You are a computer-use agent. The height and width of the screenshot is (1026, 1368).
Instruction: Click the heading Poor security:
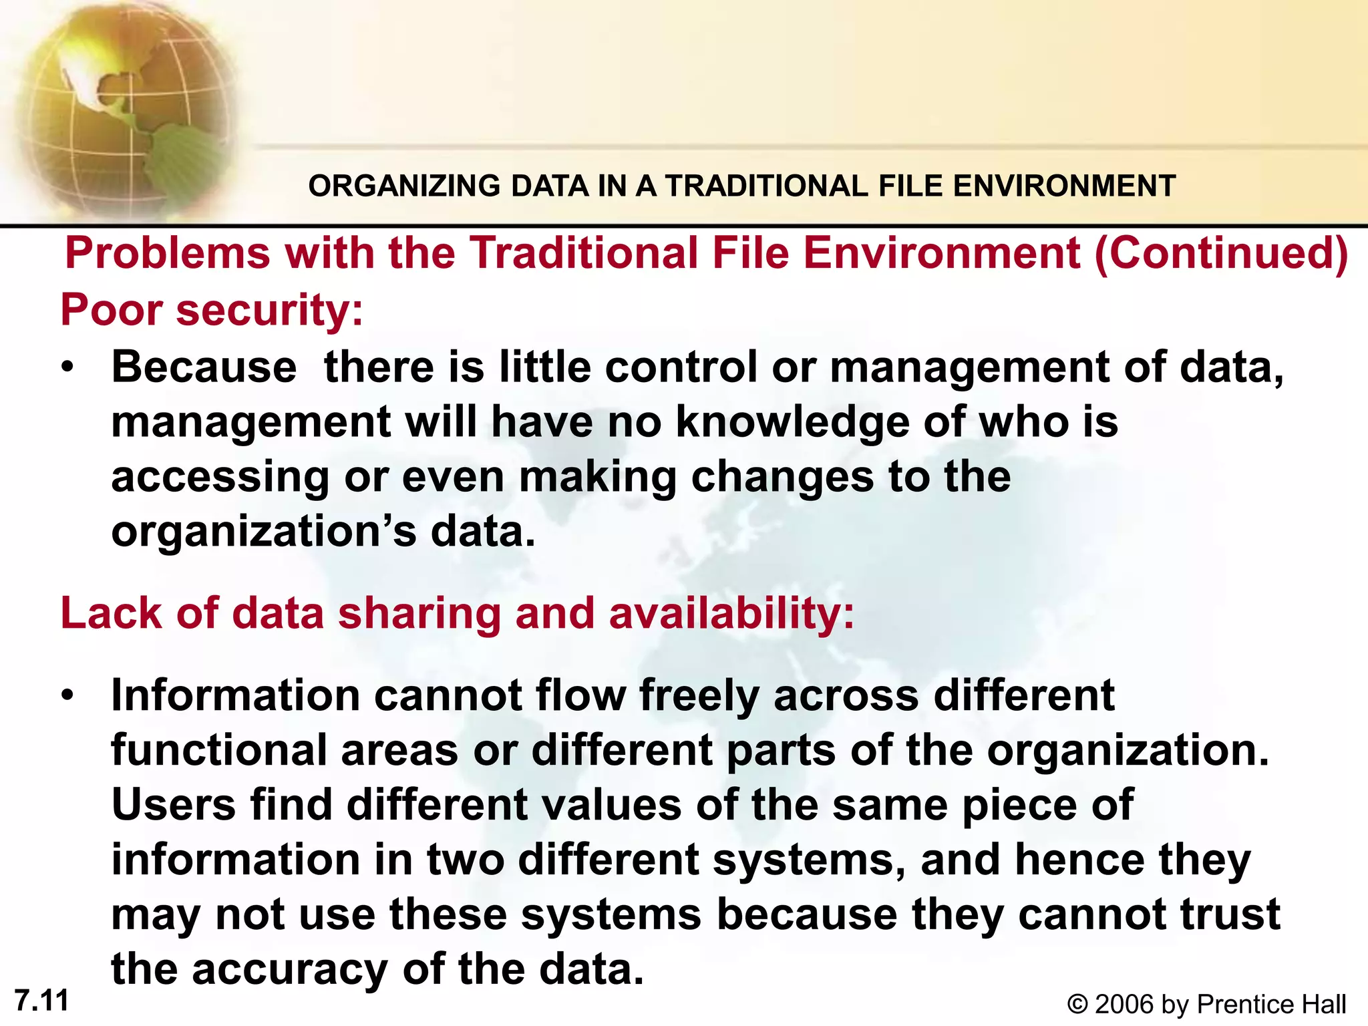pyautogui.click(x=212, y=311)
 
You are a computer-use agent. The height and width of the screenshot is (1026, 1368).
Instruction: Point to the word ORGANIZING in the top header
pyautogui.click(x=403, y=186)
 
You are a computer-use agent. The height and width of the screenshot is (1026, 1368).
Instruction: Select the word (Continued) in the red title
pyautogui.click(x=1221, y=253)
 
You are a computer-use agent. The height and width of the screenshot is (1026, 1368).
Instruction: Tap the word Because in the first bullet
pyautogui.click(x=204, y=367)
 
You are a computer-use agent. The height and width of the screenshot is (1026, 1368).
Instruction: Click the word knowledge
pyautogui.click(x=792, y=422)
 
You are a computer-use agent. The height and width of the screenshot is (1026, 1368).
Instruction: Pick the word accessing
pyautogui.click(x=220, y=478)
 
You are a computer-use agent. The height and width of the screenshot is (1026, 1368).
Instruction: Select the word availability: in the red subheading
pyautogui.click(x=731, y=613)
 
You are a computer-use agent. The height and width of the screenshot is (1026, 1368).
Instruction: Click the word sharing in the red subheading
pyautogui.click(x=419, y=613)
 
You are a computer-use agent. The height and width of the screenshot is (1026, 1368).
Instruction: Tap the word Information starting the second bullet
pyautogui.click(x=234, y=695)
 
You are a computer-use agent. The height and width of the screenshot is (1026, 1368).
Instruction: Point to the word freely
pyautogui.click(x=699, y=695)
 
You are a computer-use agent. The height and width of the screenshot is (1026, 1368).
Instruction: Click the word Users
pyautogui.click(x=173, y=804)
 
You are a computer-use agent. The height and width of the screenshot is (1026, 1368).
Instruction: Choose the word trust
pyautogui.click(x=1224, y=914)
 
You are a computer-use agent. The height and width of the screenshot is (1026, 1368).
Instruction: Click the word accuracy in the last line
pyautogui.click(x=289, y=969)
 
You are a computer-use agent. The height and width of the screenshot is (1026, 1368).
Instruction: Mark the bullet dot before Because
pyautogui.click(x=67, y=368)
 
